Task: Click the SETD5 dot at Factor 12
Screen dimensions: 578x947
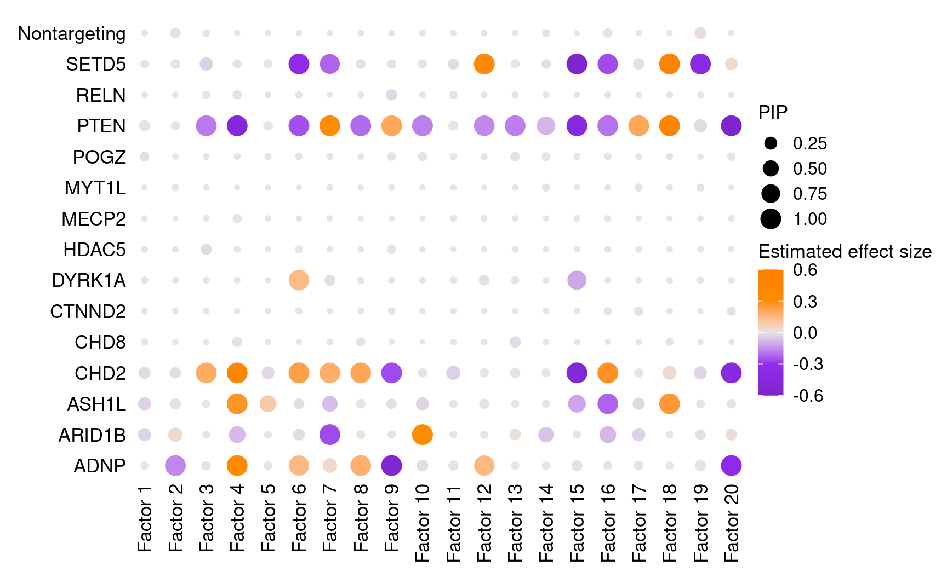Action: pyautogui.click(x=484, y=64)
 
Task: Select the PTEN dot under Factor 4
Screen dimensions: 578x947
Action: pyautogui.click(x=237, y=126)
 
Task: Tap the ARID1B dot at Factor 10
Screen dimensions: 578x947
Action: pyautogui.click(x=422, y=435)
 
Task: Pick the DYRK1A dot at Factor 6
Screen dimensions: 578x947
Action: pyautogui.click(x=299, y=280)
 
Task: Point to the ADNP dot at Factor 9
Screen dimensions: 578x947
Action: pyautogui.click(x=391, y=466)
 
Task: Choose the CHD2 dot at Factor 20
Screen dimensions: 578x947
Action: pyautogui.click(x=731, y=373)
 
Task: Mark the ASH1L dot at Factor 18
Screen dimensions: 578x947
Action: pyautogui.click(x=669, y=404)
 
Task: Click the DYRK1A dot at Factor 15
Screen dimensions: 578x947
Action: pyautogui.click(x=577, y=280)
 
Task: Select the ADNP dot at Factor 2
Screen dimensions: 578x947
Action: pyautogui.click(x=175, y=466)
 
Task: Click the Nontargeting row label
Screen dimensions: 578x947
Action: pyautogui.click(x=72, y=33)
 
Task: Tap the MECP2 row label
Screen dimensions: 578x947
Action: pyautogui.click(x=94, y=219)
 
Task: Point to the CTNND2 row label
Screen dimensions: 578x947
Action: pyautogui.click(x=88, y=311)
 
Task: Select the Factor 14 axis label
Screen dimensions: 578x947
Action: pyautogui.click(x=546, y=523)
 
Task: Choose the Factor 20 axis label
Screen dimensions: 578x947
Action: pyautogui.click(x=731, y=523)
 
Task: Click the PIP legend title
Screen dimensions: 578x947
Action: pyautogui.click(x=773, y=112)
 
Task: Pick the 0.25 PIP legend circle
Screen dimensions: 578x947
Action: pyautogui.click(x=771, y=143)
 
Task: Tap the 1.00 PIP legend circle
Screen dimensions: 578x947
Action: pyautogui.click(x=771, y=219)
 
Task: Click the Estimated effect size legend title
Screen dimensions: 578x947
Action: pyautogui.click(x=845, y=251)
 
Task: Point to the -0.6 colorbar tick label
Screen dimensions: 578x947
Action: pyautogui.click(x=808, y=395)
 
